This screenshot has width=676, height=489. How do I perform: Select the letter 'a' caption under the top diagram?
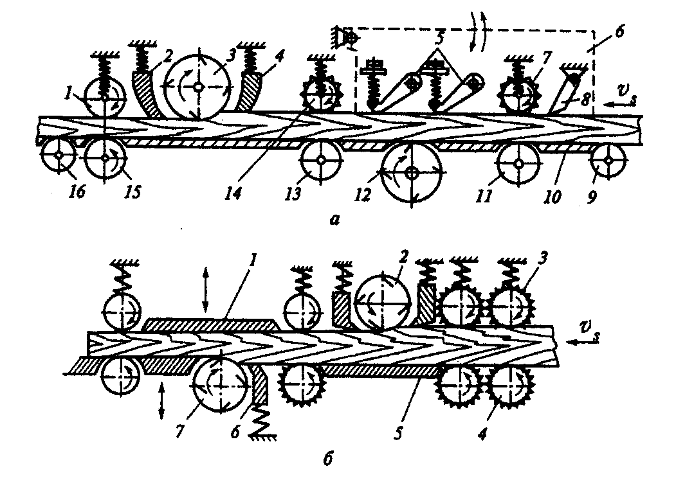click(332, 220)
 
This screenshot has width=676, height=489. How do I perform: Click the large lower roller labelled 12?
click(412, 172)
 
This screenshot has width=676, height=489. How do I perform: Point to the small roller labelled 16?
click(58, 156)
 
